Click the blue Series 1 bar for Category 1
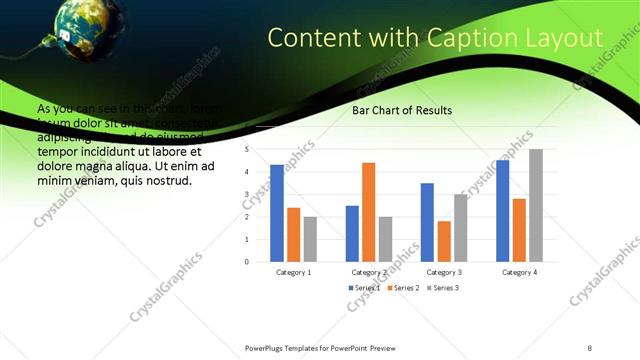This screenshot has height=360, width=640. click(x=277, y=213)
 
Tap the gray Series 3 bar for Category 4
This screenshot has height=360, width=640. click(x=536, y=206)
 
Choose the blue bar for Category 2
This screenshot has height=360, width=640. click(x=352, y=234)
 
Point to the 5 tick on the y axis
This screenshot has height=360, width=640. click(x=246, y=149)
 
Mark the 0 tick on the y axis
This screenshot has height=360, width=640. click(x=246, y=262)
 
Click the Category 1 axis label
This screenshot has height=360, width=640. click(x=293, y=272)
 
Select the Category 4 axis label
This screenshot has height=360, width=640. click(x=518, y=272)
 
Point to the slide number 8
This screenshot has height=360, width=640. click(x=590, y=347)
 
